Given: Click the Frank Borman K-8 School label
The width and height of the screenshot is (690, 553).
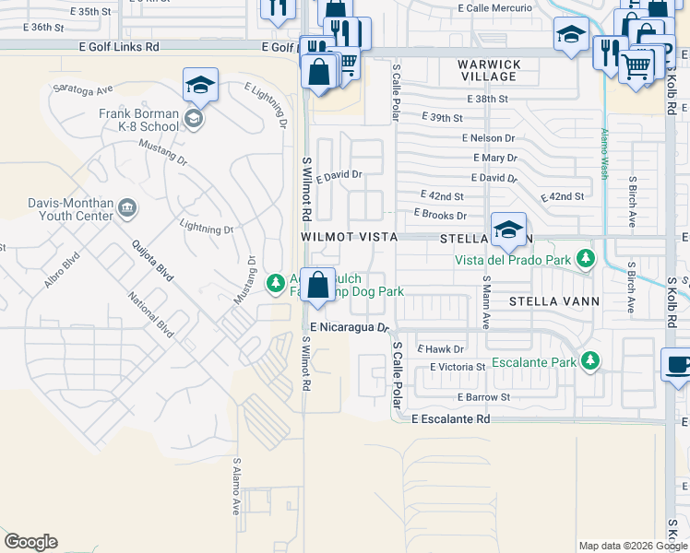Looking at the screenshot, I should [x=139, y=120].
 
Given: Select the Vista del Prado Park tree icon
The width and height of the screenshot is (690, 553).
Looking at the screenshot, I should [x=584, y=259].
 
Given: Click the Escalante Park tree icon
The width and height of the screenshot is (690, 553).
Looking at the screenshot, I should [x=591, y=361].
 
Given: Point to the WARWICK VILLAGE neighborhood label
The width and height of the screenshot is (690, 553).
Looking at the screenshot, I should [x=490, y=71].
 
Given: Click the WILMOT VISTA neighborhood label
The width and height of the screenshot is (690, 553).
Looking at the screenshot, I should [x=349, y=237].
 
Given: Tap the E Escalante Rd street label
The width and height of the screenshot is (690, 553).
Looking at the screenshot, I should [x=450, y=418].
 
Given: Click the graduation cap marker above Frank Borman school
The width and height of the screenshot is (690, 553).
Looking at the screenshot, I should [x=200, y=86].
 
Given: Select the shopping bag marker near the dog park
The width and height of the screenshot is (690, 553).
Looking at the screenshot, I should [x=317, y=285].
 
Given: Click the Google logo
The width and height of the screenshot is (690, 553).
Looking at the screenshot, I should [x=30, y=542].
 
